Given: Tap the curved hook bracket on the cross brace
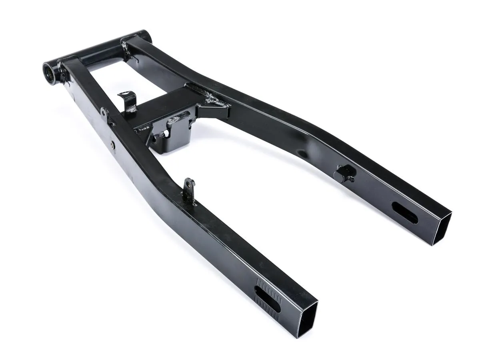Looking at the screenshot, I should click(128, 101).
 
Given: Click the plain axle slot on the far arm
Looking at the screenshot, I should click(404, 212).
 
